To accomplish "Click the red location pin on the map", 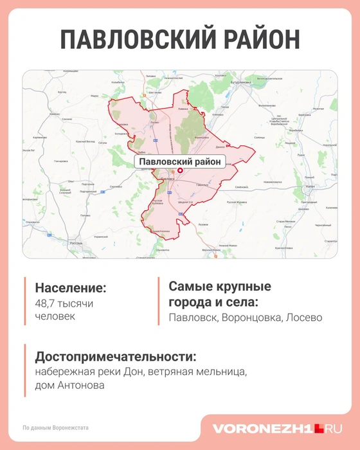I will [x=180, y=170].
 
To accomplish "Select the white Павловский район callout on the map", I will [x=180, y=161].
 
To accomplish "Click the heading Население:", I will [x=71, y=288].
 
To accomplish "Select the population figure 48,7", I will [x=46, y=303].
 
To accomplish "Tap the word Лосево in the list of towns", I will [x=304, y=318].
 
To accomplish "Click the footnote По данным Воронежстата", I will [x=55, y=428].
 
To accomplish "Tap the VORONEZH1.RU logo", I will [x=278, y=428].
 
